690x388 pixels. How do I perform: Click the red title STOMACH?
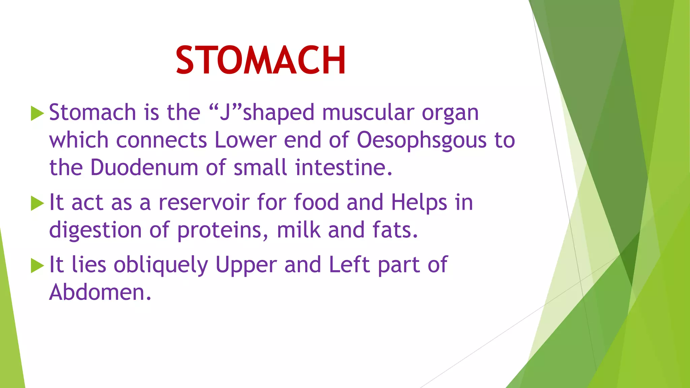pyautogui.click(x=261, y=60)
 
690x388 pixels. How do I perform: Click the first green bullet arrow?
pyautogui.click(x=37, y=113)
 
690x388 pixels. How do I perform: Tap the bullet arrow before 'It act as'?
pyautogui.click(x=37, y=203)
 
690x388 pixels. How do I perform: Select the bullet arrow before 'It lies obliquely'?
pyautogui.click(x=37, y=265)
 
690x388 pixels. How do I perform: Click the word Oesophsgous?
pyautogui.click(x=421, y=140)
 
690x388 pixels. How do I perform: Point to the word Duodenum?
pyautogui.click(x=144, y=167)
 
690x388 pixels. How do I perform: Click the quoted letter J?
pyautogui.click(x=225, y=112)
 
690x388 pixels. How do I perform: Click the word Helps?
pyautogui.click(x=419, y=203)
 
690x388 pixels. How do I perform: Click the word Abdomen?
pyautogui.click(x=100, y=292)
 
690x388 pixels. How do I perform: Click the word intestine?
pyautogui.click(x=343, y=167)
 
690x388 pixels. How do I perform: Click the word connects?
pyautogui.click(x=161, y=140)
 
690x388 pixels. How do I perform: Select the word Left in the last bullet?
pyautogui.click(x=349, y=264)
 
